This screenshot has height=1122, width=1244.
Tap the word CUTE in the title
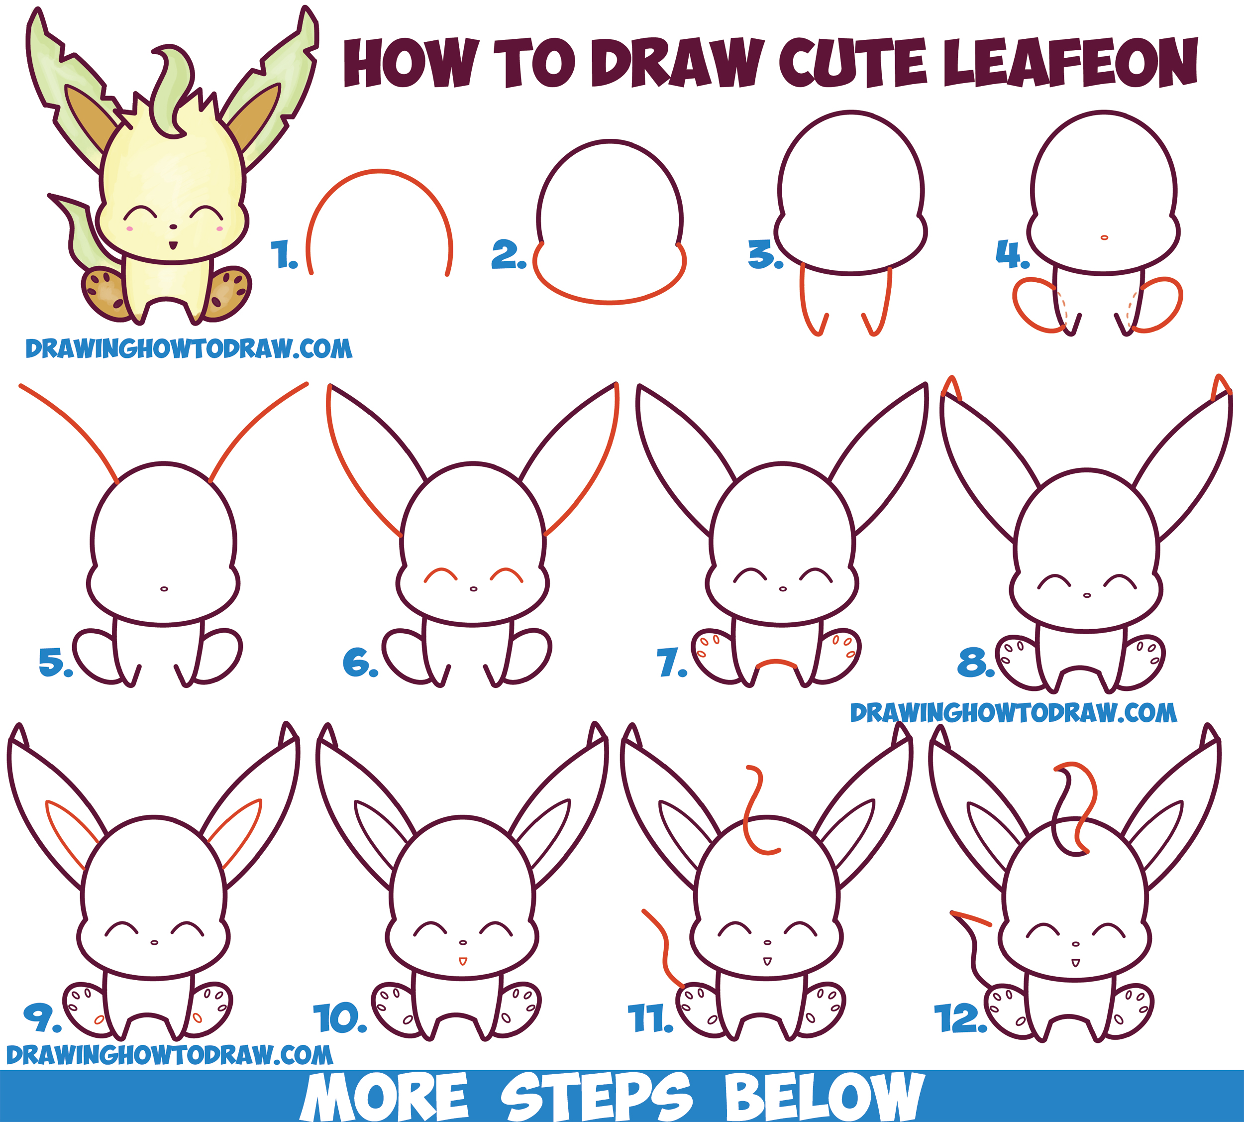click(x=853, y=62)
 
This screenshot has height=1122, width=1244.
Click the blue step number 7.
click(x=672, y=663)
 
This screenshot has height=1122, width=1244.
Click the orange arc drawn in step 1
click(x=380, y=171)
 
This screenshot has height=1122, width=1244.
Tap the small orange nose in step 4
click(x=1104, y=237)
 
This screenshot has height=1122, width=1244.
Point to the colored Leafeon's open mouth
click(x=173, y=245)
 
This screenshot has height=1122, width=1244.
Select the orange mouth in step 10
click(x=463, y=961)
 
